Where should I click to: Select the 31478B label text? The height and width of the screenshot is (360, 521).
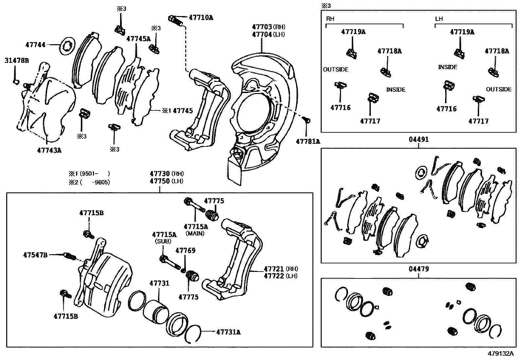point(17,61)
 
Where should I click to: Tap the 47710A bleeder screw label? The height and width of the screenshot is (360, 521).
point(201,17)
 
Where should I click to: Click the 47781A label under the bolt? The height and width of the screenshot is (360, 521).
point(308,142)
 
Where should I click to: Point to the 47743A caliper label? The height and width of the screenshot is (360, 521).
point(49,150)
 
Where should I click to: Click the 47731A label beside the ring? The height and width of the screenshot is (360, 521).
point(228,332)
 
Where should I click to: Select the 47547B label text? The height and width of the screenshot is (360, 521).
point(35,255)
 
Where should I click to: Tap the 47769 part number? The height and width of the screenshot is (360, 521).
point(185,251)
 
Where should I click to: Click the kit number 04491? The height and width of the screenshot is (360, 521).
point(419,140)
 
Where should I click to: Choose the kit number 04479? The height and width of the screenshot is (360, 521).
point(419,269)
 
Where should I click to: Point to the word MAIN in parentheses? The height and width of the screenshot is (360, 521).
point(195,234)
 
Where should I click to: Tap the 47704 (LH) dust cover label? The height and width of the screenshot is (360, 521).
point(268,34)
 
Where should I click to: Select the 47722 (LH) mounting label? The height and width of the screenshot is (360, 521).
point(280,276)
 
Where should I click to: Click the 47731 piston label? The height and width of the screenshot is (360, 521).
point(159,283)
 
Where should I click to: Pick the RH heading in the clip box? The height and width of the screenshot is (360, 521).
point(330,19)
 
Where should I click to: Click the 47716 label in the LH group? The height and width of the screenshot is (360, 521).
point(446,109)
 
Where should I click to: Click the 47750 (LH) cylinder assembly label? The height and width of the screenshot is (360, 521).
point(166,181)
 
